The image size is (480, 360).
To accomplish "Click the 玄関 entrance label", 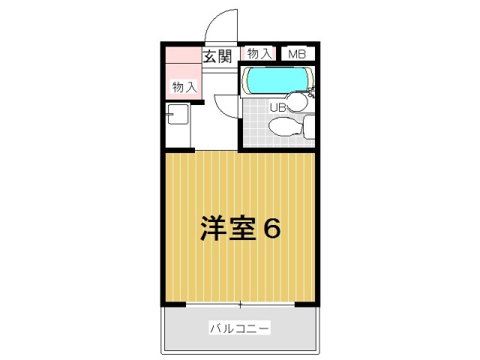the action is [x=217, y=56].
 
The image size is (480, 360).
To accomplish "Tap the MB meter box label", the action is [x=297, y=55].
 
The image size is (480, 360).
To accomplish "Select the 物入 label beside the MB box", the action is [x=259, y=54].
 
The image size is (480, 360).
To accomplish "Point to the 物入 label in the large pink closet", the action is [x=184, y=87].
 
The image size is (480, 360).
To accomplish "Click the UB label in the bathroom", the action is [x=278, y=107].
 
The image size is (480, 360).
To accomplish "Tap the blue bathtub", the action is [x=277, y=80].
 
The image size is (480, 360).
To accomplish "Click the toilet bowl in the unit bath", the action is [x=284, y=126].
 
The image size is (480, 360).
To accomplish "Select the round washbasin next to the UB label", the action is [x=296, y=102].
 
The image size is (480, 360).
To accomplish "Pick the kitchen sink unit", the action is [x=178, y=114].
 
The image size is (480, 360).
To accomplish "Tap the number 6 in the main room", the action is [x=271, y=229].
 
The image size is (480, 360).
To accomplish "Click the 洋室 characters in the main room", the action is [x=228, y=229].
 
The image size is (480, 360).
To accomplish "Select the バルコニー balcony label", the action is [x=240, y=328].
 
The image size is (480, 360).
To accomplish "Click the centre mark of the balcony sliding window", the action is [x=240, y=305].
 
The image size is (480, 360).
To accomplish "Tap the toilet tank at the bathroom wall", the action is [x=309, y=127].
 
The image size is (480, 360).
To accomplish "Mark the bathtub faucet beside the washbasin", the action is [x=311, y=91].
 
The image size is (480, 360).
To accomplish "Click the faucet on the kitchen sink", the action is [x=169, y=115].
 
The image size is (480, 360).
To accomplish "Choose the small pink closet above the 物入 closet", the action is [x=183, y=55].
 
